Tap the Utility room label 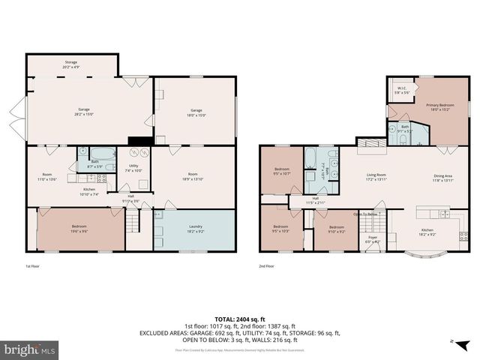pos(133,167)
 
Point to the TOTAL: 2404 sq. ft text pos(239,319)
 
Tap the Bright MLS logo pos(28,350)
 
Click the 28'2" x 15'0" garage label pos(83,112)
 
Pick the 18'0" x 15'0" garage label pos(196,112)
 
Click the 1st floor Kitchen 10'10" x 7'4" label pos(88,192)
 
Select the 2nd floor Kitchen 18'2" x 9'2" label pos(427,232)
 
